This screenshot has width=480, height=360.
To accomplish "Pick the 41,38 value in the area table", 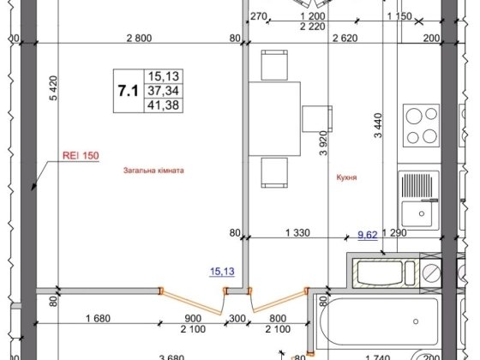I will (x=159, y=106).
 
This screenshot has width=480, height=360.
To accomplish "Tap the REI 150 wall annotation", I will (x=81, y=156).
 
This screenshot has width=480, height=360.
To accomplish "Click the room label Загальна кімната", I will (x=153, y=171).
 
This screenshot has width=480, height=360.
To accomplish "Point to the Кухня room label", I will (x=347, y=178).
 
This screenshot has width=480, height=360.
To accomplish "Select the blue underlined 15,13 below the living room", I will (x=221, y=273).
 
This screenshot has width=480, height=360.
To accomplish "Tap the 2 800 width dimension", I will (x=138, y=38).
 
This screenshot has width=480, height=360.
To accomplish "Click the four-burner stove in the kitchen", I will (x=421, y=125).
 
